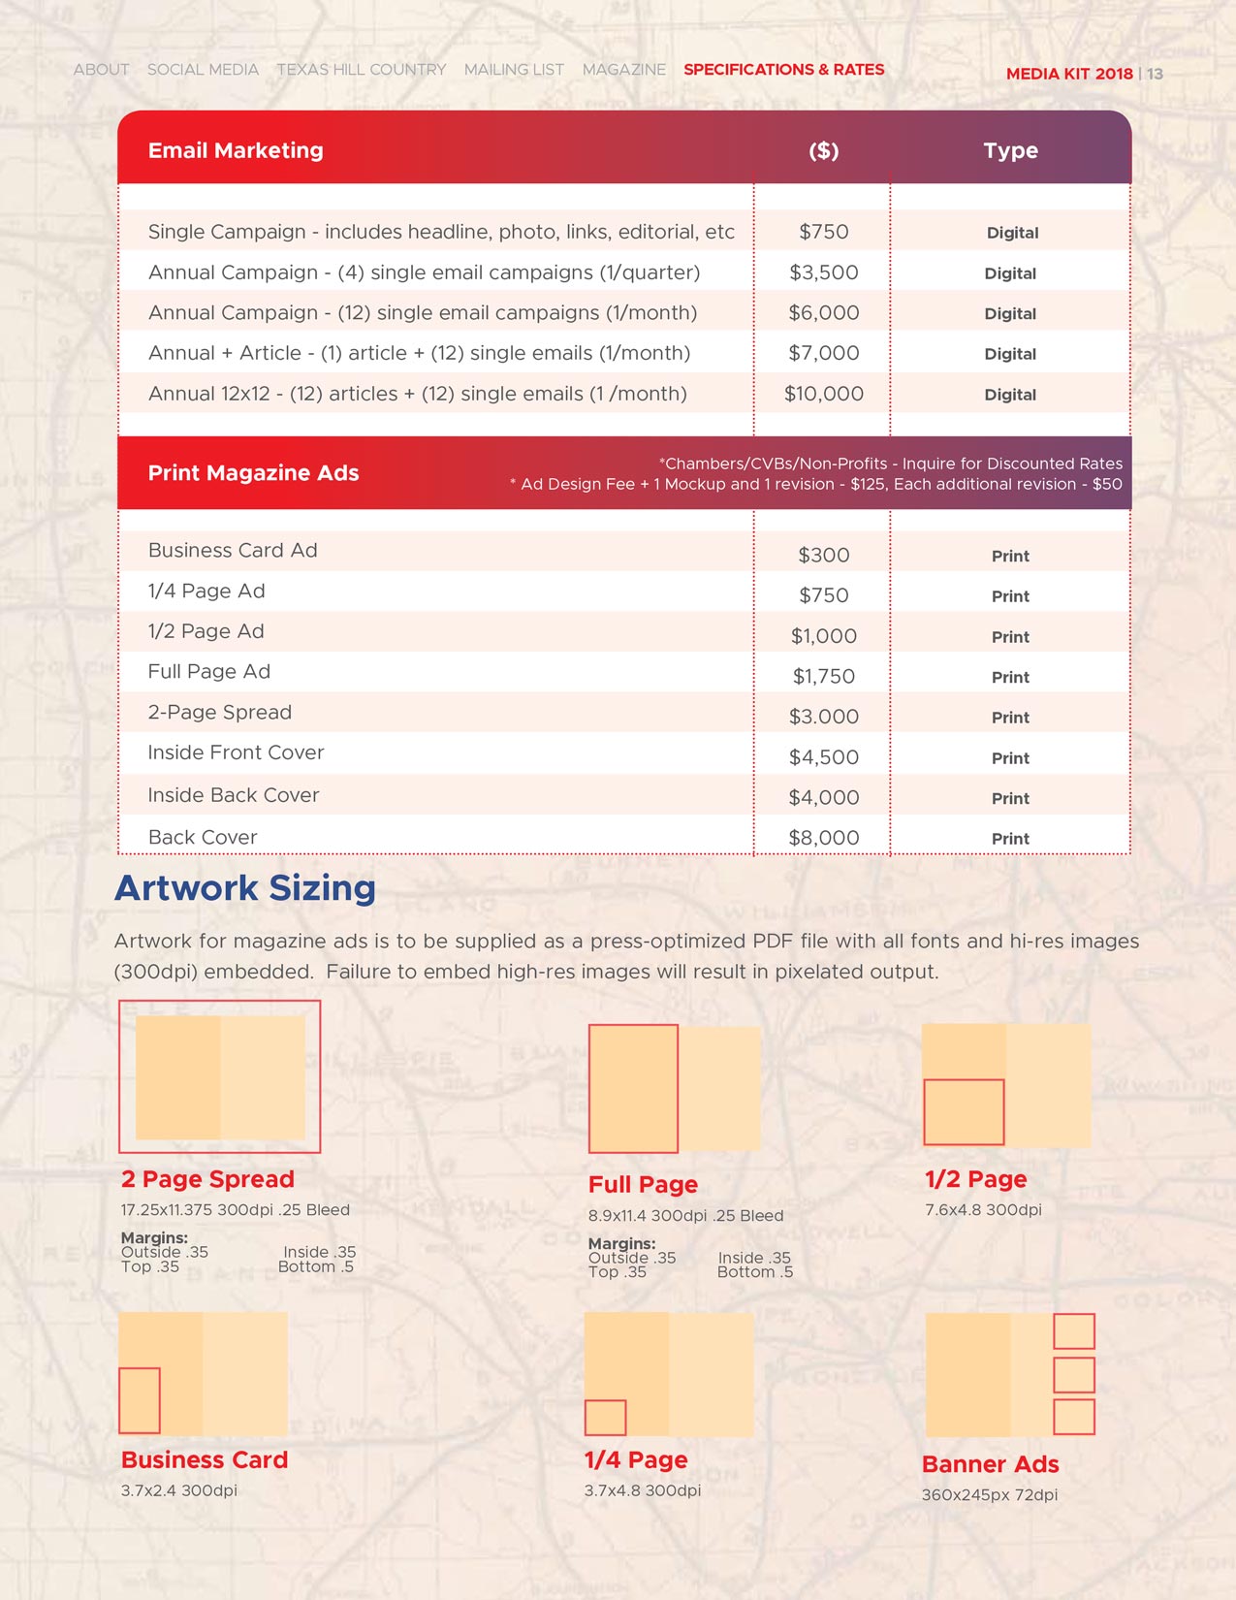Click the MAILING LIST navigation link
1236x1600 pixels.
pyautogui.click(x=514, y=70)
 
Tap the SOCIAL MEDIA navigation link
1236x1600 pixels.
pyautogui.click(x=203, y=70)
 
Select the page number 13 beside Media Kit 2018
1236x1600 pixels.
pyautogui.click(x=1155, y=74)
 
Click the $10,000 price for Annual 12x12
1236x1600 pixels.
pyautogui.click(x=823, y=394)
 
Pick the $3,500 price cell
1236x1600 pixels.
pyautogui.click(x=823, y=272)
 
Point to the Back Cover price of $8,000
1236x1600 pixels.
pyautogui.click(x=823, y=838)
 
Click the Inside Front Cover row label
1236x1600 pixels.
pyautogui.click(x=236, y=752)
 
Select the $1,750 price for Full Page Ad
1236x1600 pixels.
pyautogui.click(x=823, y=677)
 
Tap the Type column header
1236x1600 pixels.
pyautogui.click(x=1010, y=150)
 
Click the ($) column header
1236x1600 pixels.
pyautogui.click(x=823, y=150)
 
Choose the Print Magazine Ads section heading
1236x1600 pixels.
pyautogui.click(x=253, y=473)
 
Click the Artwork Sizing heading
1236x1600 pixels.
pyautogui.click(x=245, y=888)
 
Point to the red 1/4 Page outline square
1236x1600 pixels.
pyautogui.click(x=605, y=1418)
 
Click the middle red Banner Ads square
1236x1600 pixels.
pyautogui.click(x=1073, y=1375)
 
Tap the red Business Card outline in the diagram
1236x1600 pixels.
pyautogui.click(x=140, y=1400)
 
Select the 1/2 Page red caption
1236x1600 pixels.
pyautogui.click(x=975, y=1179)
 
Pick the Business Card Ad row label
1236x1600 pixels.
pyautogui.click(x=233, y=551)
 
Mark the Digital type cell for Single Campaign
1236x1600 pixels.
pyautogui.click(x=1012, y=233)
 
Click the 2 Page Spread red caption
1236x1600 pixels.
pyautogui.click(x=207, y=1179)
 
